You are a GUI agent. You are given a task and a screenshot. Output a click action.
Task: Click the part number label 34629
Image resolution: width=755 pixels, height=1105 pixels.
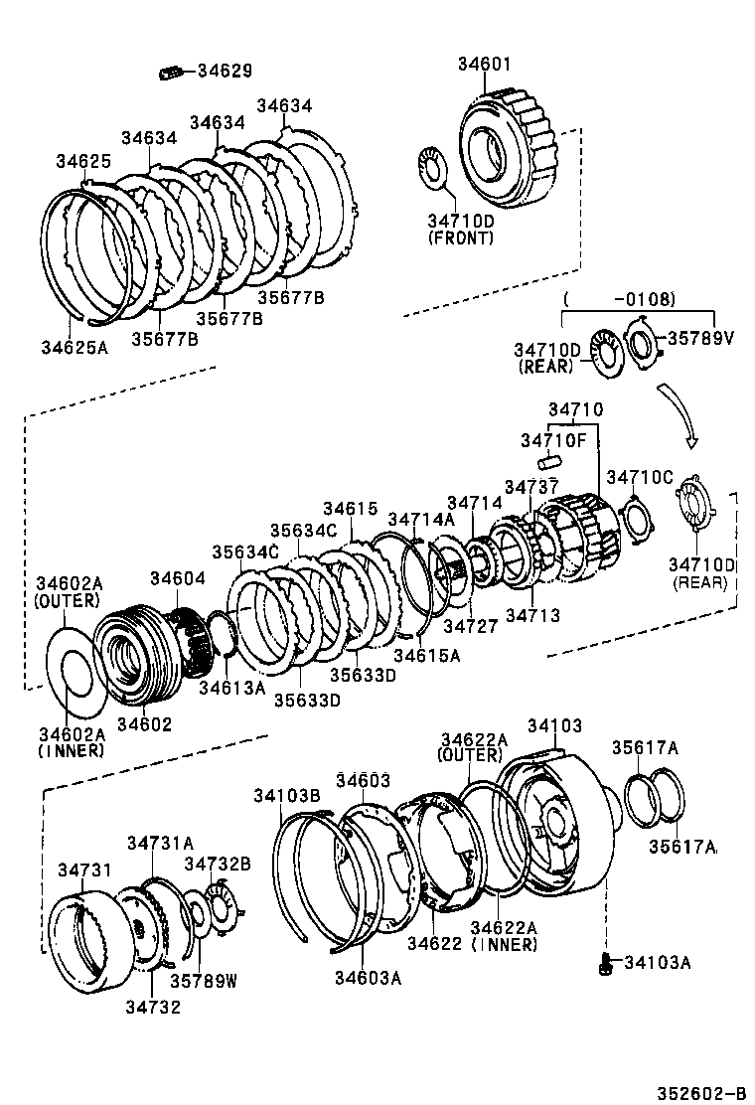225,71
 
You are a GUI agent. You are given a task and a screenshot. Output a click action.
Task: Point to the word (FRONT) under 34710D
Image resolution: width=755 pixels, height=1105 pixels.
460,238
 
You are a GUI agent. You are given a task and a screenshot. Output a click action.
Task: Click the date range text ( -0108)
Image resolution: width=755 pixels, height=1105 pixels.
620,298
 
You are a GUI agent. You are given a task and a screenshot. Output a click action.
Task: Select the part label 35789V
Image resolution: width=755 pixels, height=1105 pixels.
699,338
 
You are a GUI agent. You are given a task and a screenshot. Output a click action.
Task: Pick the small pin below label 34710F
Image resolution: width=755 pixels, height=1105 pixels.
551,462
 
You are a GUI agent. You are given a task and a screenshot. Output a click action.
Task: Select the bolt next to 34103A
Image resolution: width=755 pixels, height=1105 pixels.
605,961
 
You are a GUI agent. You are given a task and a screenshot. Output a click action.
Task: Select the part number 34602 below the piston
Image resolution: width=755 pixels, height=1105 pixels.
144,724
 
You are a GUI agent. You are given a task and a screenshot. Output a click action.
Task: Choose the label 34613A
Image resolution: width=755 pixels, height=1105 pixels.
230,687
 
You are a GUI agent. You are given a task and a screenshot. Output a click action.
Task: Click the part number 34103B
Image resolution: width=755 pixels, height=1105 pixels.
286,796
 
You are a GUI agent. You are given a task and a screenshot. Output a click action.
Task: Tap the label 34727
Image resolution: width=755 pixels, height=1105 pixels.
470,626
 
